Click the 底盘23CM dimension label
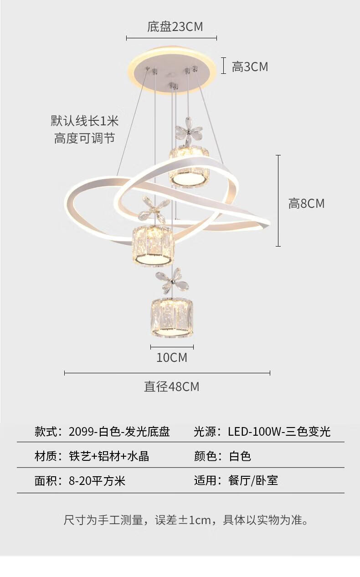tap(175, 27)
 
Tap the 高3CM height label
tap(250, 67)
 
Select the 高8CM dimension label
tap(306, 203)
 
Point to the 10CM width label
tap(172, 357)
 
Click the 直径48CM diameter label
tap(172, 386)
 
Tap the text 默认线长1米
tap(85, 121)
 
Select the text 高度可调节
tap(85, 139)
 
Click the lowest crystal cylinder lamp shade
tap(172, 318)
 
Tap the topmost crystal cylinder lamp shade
tap(189, 166)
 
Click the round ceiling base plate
tap(171, 70)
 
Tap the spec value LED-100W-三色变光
tap(279, 432)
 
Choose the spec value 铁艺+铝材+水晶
tap(109, 456)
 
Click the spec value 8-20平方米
tap(97, 481)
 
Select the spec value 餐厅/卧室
tap(253, 480)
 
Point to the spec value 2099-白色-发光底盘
tap(119, 432)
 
